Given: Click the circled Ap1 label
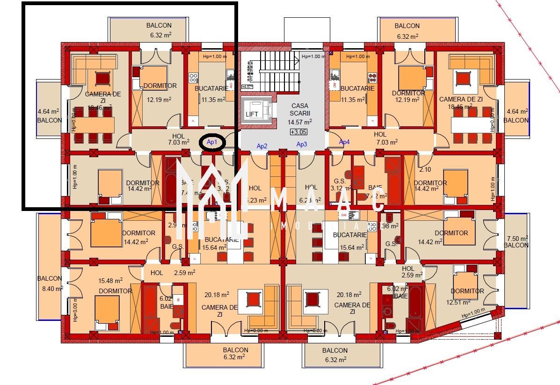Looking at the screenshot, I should [212, 142].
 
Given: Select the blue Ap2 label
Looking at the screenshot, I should [262, 146].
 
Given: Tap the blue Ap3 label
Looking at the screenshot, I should [302, 145].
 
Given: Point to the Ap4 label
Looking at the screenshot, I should [344, 142].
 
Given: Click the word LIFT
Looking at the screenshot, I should [252, 114].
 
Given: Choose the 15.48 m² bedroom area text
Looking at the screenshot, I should [110, 281].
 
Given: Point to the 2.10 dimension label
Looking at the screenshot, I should [425, 169].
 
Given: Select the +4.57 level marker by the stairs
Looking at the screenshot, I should [247, 87].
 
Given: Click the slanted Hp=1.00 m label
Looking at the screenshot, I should [473, 312].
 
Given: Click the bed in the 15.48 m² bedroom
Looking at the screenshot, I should [107, 309].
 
